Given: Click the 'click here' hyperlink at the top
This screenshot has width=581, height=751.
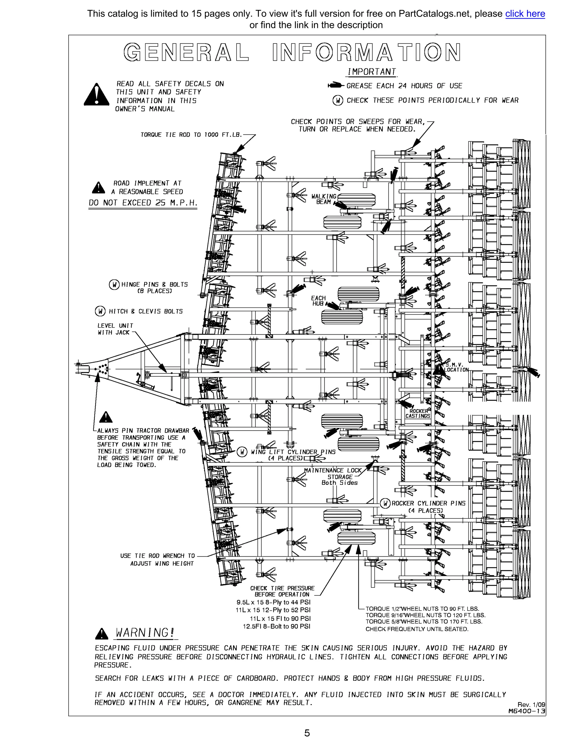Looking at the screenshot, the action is [525, 14].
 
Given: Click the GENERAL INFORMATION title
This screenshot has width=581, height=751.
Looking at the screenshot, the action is [292, 53].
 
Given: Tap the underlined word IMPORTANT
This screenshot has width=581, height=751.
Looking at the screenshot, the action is [371, 72].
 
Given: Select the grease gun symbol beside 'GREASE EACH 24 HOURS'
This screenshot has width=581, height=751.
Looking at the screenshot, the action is [335, 85].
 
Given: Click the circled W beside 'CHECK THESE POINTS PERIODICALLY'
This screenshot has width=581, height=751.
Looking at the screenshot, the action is [338, 100].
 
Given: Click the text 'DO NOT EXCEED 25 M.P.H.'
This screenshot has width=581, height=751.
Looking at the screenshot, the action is [143, 203].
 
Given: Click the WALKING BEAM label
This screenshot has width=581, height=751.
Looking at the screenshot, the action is [323, 199].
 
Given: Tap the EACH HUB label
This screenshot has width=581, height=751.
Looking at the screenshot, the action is [318, 301].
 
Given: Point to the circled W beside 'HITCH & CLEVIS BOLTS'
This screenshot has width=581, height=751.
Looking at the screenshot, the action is [100, 311].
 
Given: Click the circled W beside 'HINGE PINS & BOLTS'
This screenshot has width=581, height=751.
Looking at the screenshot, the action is [114, 285].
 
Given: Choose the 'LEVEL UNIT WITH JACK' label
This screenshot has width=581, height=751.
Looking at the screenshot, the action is [115, 329].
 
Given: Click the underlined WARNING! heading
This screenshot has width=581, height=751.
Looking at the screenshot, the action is [145, 632].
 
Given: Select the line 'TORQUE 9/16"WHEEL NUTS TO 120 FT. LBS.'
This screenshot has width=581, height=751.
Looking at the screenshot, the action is [425, 615].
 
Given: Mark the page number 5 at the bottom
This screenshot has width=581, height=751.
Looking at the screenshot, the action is [307, 733].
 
